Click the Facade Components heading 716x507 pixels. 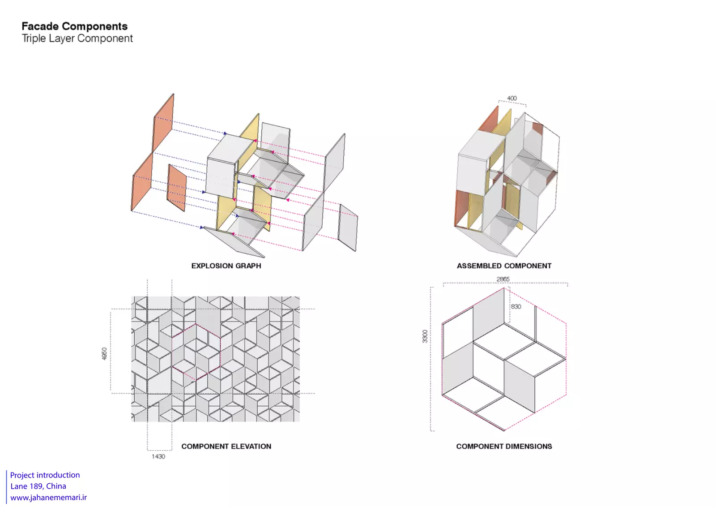(74, 26)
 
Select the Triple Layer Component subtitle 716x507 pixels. (77, 39)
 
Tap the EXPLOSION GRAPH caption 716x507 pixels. (226, 266)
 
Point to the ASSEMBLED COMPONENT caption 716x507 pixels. (504, 266)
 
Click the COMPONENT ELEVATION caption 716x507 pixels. (226, 446)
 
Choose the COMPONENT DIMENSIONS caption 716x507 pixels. (504, 446)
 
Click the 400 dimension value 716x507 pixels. (512, 98)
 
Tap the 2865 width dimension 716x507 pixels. (503, 279)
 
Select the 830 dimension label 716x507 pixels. (516, 306)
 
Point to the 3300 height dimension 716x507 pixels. (425, 336)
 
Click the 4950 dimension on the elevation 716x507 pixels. (104, 353)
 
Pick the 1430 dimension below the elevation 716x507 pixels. (158, 456)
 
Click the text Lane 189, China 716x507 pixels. (38, 486)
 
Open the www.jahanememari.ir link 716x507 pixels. (48, 498)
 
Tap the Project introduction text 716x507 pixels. (45, 475)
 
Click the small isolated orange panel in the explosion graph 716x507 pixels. (177, 188)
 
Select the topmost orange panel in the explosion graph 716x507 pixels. (163, 123)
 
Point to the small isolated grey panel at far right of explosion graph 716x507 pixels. (348, 228)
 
